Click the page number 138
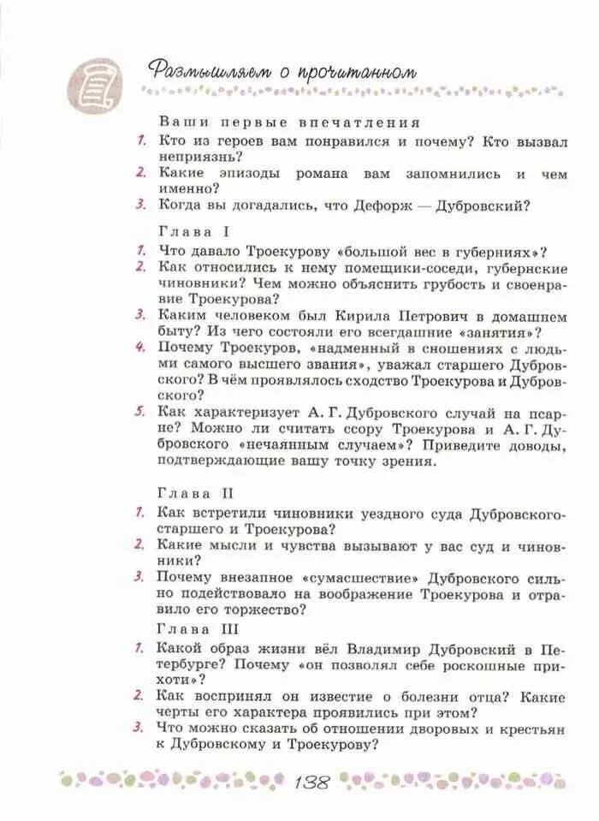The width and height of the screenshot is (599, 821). (316, 782)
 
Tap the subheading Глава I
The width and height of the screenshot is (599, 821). (194, 232)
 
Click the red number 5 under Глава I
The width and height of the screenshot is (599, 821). (139, 412)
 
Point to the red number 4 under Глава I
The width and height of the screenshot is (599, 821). (139, 348)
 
